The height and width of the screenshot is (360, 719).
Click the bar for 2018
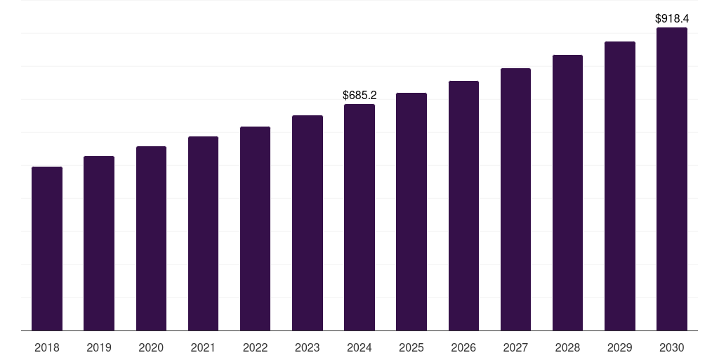47,249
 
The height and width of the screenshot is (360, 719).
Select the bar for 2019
99,243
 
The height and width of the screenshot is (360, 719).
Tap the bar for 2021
203,233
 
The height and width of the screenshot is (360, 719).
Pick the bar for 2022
255,229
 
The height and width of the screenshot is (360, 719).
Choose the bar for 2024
359,217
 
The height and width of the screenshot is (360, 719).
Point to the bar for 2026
463,206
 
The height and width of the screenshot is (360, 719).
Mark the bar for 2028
567,193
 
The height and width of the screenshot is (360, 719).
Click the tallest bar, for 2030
671,179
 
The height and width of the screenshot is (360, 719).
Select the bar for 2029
619,186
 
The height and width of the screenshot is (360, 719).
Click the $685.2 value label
359,95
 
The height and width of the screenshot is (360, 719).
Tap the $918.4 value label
671,19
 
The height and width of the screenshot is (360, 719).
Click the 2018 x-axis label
47,347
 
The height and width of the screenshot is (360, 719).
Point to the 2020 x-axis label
151,347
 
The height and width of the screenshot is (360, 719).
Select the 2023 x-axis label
307,347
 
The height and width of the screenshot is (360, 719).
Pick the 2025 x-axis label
411,347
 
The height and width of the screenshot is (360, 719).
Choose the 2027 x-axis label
515,347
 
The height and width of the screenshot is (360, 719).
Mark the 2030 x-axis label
671,347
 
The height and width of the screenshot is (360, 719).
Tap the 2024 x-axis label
359,347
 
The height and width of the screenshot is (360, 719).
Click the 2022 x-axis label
255,347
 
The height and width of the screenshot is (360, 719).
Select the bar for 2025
411,212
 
